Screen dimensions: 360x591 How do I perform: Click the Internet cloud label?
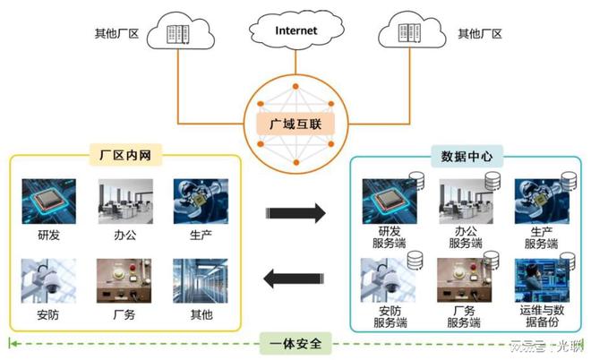click(295, 31)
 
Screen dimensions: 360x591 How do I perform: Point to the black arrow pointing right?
click(295, 212)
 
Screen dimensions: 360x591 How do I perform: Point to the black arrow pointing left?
click(295, 280)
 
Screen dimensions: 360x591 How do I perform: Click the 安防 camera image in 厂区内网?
click(49, 280)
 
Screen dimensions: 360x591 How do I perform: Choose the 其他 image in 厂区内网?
click(201, 280)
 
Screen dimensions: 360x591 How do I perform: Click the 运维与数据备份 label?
click(542, 315)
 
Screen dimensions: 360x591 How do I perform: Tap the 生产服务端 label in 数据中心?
click(542, 236)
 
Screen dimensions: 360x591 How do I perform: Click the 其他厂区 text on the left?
click(114, 34)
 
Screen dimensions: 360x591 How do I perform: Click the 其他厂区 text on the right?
click(479, 34)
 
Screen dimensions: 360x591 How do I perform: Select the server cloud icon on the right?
click(413, 35)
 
